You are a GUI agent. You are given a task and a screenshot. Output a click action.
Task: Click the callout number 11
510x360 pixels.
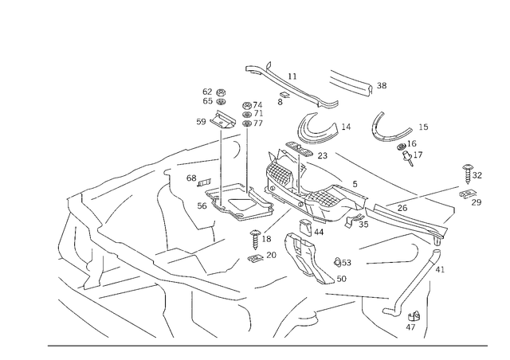(292, 76)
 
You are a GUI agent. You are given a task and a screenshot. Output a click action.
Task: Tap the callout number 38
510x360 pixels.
(382, 85)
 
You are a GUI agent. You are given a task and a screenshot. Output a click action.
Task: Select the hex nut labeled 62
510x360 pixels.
(222, 92)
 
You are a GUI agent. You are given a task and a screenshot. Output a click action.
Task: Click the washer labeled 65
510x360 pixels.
(222, 101)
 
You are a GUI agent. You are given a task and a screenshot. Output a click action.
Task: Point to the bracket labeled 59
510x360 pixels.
(222, 120)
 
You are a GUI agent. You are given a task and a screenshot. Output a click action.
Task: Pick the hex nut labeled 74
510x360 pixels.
(247, 105)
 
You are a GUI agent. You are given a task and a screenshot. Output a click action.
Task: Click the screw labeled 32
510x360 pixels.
(468, 174)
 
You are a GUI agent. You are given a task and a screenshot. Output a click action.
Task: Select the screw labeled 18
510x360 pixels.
(255, 239)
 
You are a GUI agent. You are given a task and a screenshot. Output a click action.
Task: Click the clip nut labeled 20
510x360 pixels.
(256, 258)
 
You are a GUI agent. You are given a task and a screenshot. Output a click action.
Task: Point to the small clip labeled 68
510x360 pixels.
(204, 182)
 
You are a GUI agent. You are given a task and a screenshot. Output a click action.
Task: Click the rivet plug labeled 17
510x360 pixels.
(407, 158)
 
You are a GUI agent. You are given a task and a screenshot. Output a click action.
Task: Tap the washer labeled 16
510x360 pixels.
(402, 147)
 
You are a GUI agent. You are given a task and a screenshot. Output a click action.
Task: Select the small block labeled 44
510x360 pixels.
(304, 227)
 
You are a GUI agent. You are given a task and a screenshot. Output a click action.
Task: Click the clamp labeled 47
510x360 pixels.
(414, 316)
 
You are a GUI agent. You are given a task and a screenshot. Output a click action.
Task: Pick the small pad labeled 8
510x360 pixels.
(284, 95)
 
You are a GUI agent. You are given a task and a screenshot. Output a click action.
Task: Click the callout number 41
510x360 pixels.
(440, 269)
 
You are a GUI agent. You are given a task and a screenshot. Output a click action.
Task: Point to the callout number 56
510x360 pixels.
(202, 205)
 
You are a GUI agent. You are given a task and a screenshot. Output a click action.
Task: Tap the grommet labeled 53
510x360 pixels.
(337, 262)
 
